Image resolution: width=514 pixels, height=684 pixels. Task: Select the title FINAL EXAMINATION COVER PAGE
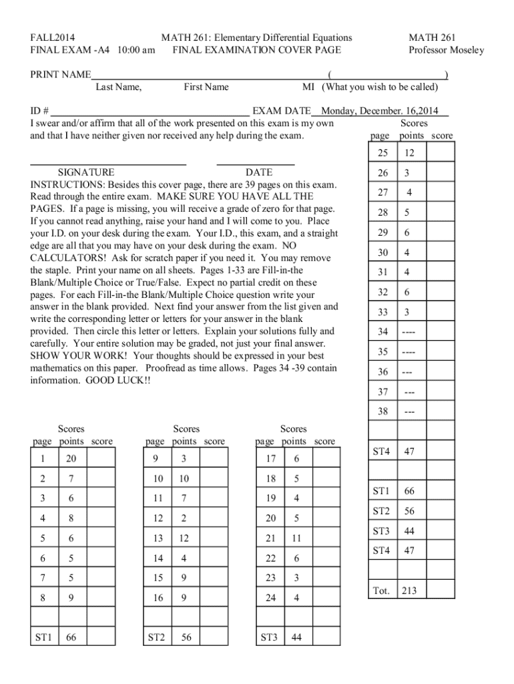[x=256, y=50]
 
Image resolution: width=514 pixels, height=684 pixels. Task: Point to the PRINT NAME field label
[x=61, y=75]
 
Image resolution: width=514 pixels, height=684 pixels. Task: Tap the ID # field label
[x=40, y=112]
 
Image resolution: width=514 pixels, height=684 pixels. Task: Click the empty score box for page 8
[x=101, y=598]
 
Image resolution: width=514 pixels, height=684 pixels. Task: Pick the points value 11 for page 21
[x=296, y=538]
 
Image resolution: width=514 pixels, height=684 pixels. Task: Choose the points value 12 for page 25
[x=409, y=153]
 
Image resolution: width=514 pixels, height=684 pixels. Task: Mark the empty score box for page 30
[x=441, y=252]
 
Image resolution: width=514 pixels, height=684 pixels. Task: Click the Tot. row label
[x=380, y=590]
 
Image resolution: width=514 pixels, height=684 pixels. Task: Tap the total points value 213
[x=409, y=590]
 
